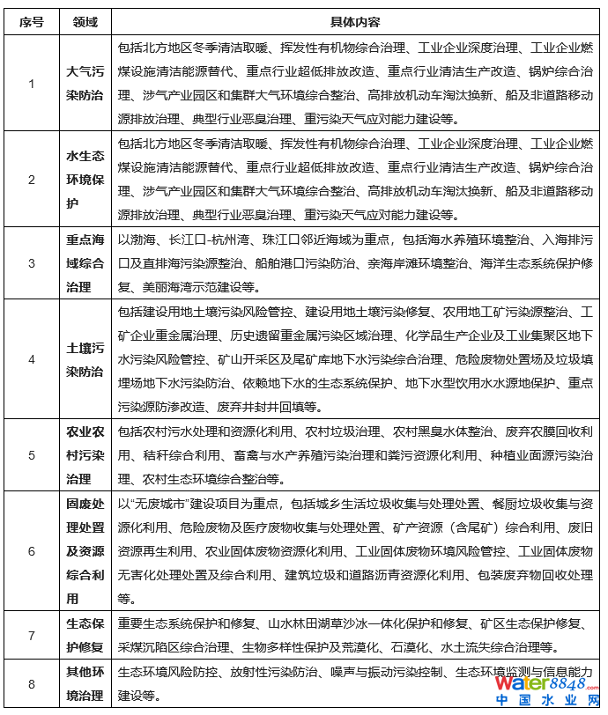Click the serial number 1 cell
coord(31,84)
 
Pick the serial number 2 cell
coord(31,180)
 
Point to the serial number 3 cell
coord(31,262)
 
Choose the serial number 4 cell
coord(31,359)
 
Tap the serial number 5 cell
coord(31,455)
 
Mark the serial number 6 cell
coord(31,550)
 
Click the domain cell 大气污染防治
coord(85,84)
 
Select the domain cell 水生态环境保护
coord(85,180)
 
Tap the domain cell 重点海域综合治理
coord(85,262)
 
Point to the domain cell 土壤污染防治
coord(85,359)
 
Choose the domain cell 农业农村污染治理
coord(85,455)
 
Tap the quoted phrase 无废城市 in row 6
coord(151,504)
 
